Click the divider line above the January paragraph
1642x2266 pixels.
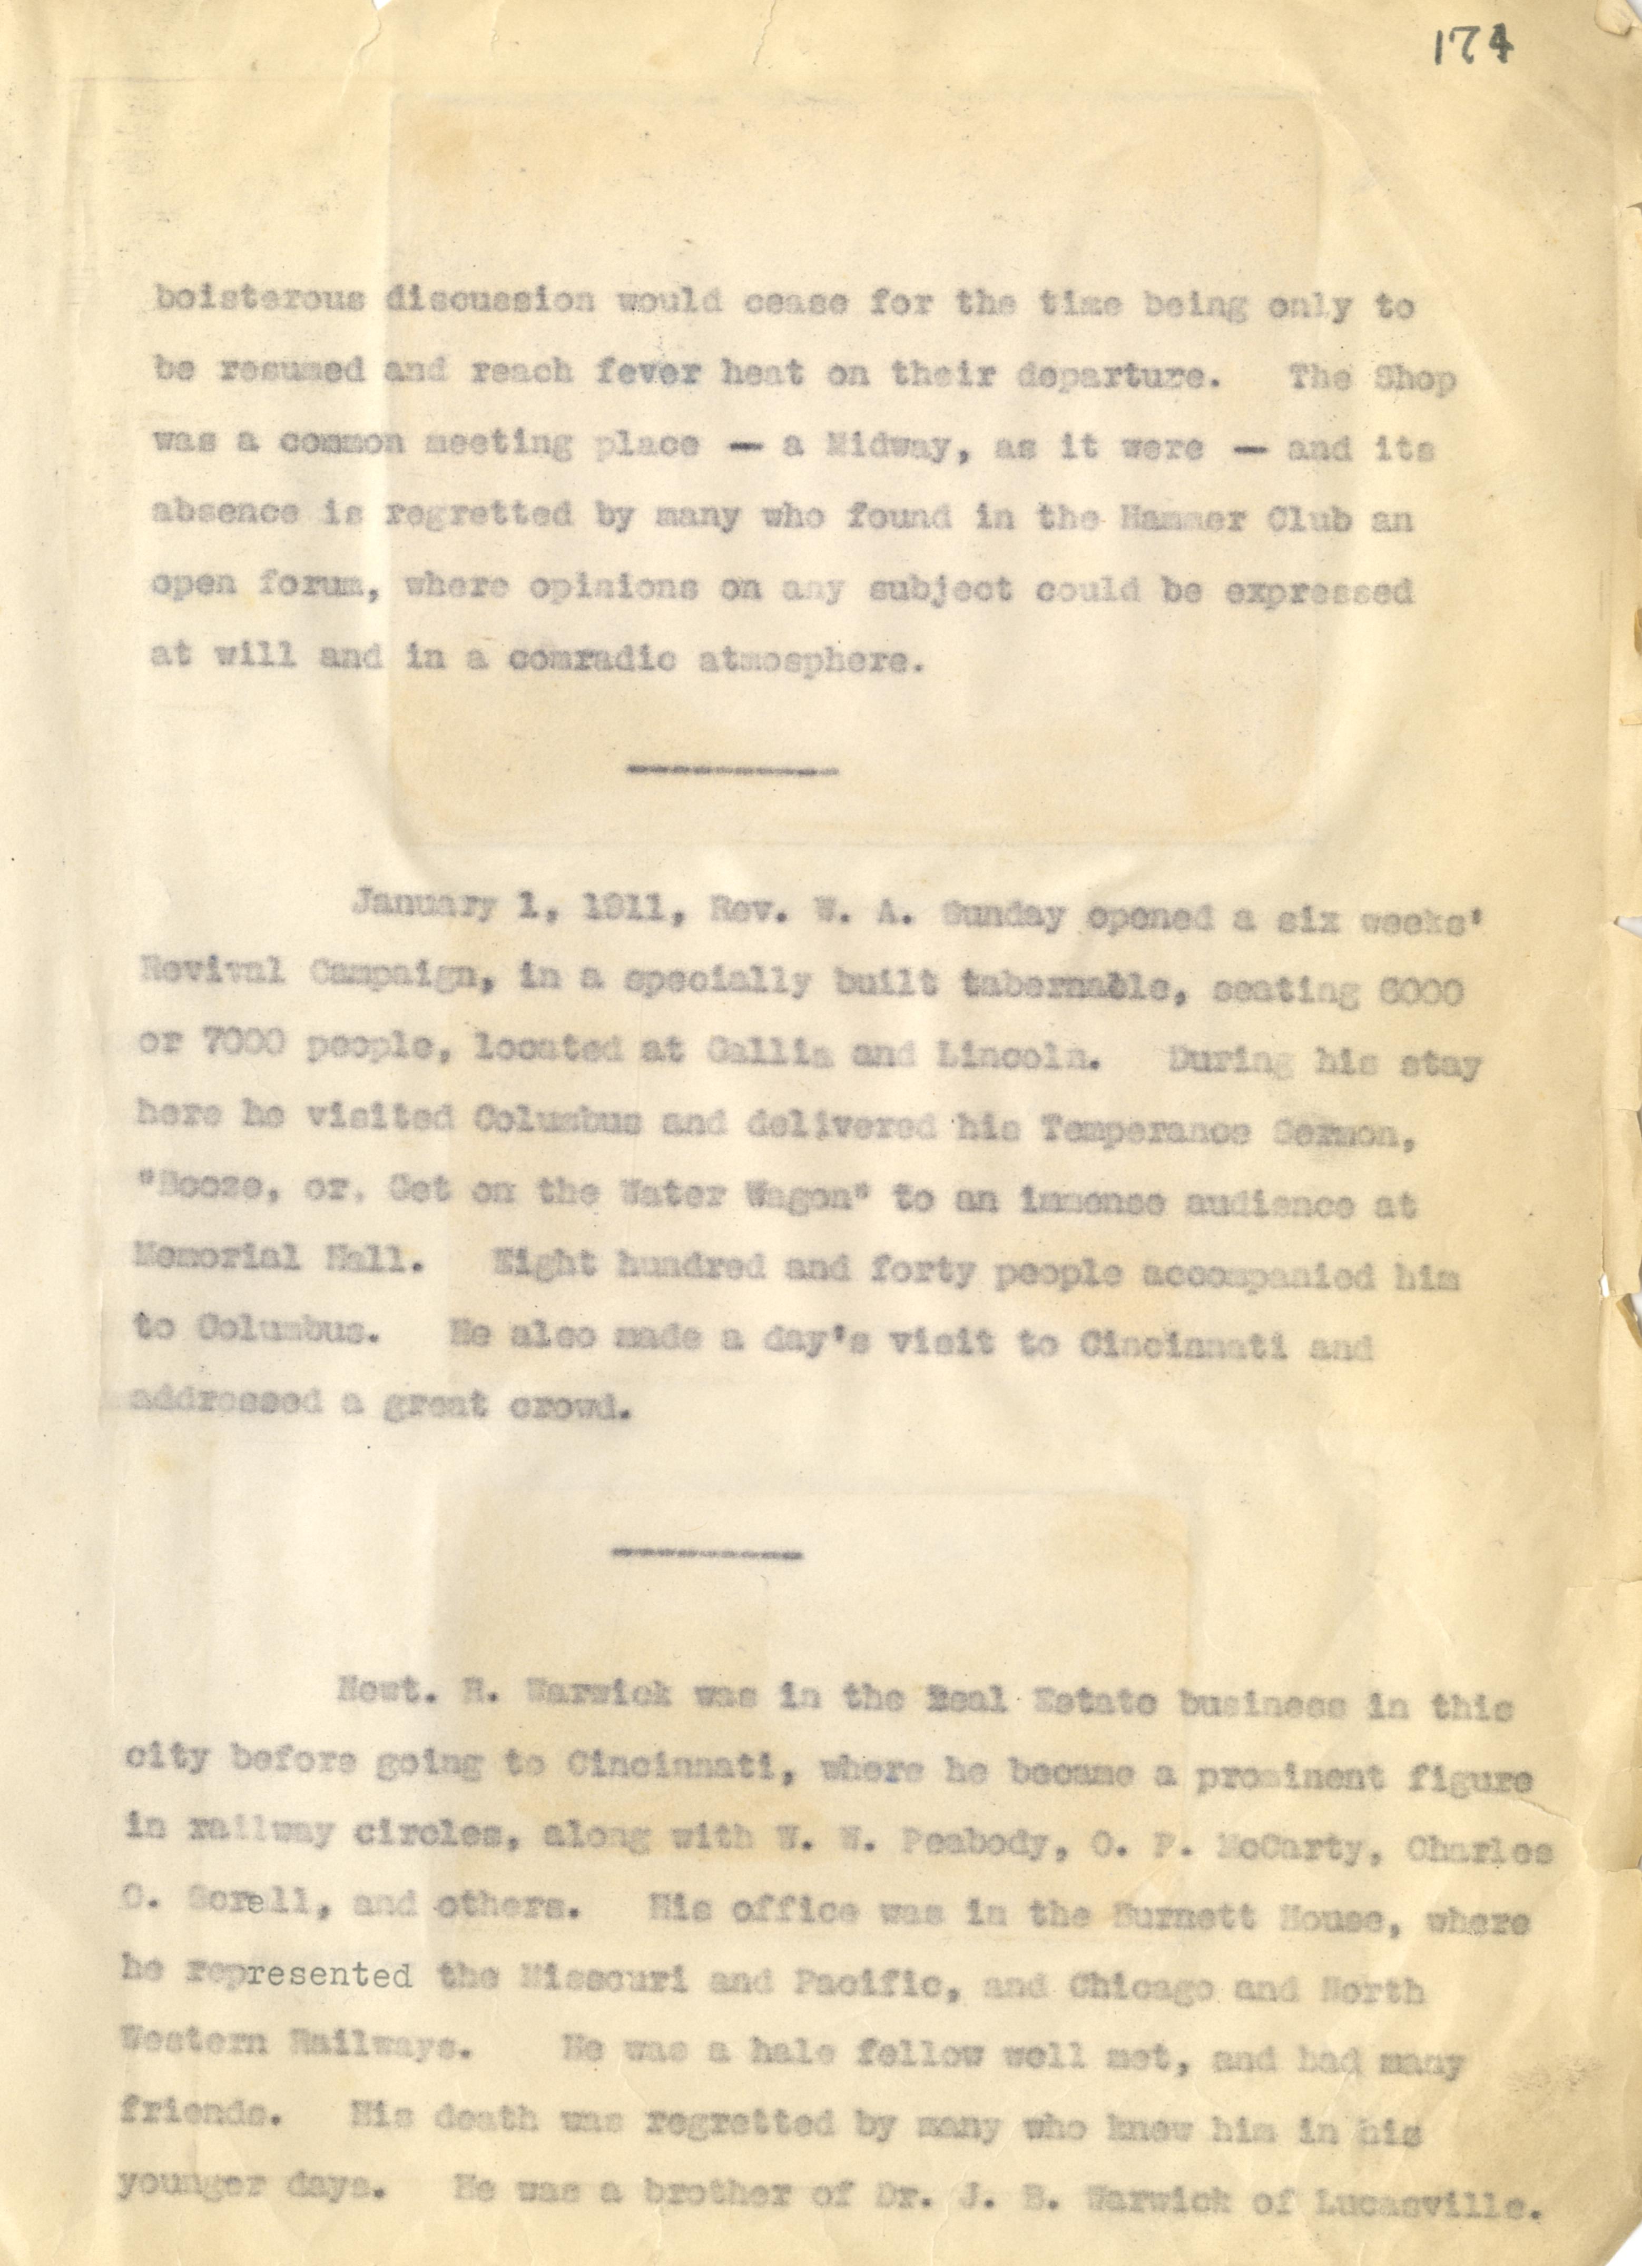[x=731, y=770]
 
